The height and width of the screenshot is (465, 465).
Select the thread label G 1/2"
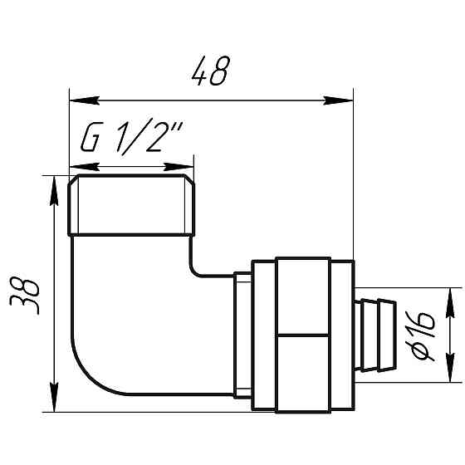[131, 139]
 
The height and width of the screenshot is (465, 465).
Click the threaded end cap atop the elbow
[131, 205]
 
